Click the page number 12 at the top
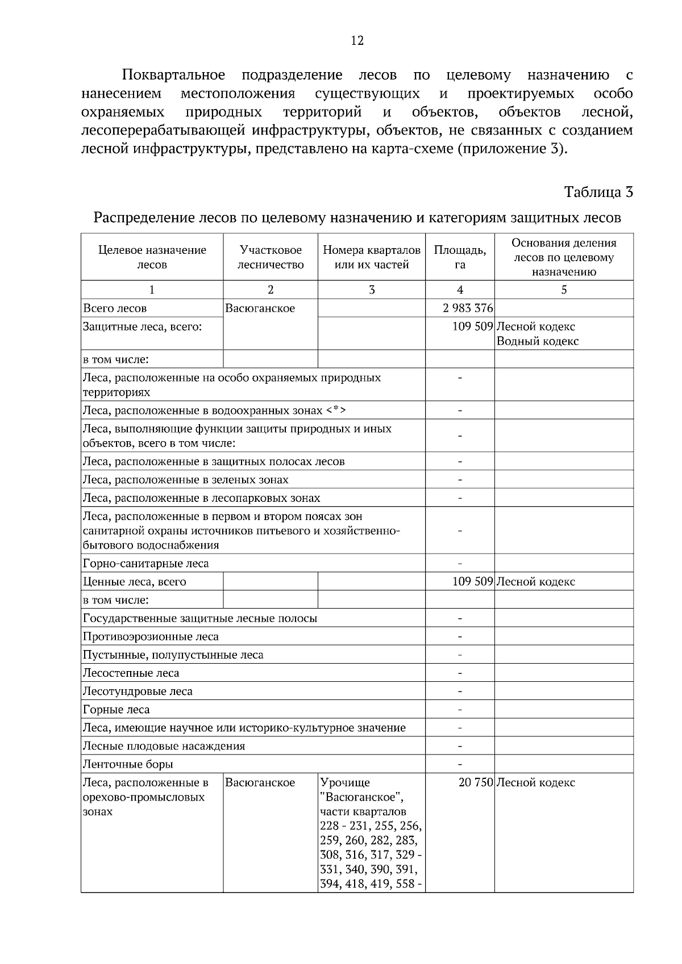click(x=357, y=41)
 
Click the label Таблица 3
click(x=598, y=192)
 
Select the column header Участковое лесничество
click(x=271, y=257)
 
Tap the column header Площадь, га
click(x=460, y=257)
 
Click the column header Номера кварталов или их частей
click(x=372, y=257)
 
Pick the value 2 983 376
click(x=468, y=308)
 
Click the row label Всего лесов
click(x=115, y=308)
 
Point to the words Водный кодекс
click(x=538, y=341)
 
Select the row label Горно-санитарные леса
click(x=146, y=563)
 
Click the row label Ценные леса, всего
click(x=135, y=581)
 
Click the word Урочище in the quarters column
click(x=345, y=782)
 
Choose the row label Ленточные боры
click(x=128, y=764)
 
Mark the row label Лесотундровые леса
click(x=138, y=691)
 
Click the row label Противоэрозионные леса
click(x=151, y=636)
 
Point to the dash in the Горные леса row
click(x=460, y=710)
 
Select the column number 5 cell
click(x=564, y=290)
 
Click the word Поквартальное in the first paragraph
click(x=173, y=75)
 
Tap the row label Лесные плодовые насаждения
click(x=164, y=746)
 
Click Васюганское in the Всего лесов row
click(x=260, y=308)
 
